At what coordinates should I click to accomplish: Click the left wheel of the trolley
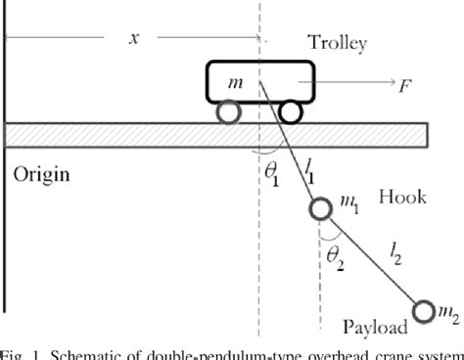(x=227, y=112)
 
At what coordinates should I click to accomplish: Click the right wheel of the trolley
(x=293, y=112)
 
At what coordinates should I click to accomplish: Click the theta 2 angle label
(x=335, y=253)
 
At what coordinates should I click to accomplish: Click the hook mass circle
(x=320, y=209)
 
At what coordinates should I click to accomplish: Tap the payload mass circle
(x=423, y=311)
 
